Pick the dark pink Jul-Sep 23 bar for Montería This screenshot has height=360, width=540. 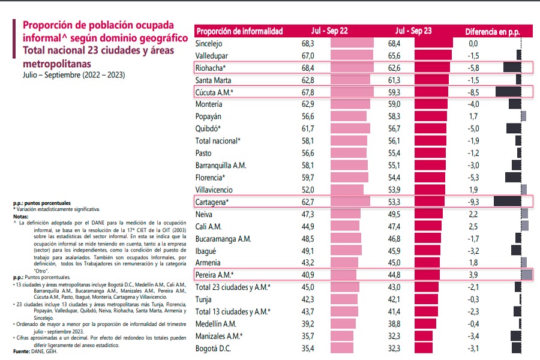tap(430, 104)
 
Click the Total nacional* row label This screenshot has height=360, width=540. tap(218, 141)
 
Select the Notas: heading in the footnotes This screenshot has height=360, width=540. tap(22, 217)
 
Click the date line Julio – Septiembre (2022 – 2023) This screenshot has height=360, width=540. tap(74, 75)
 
